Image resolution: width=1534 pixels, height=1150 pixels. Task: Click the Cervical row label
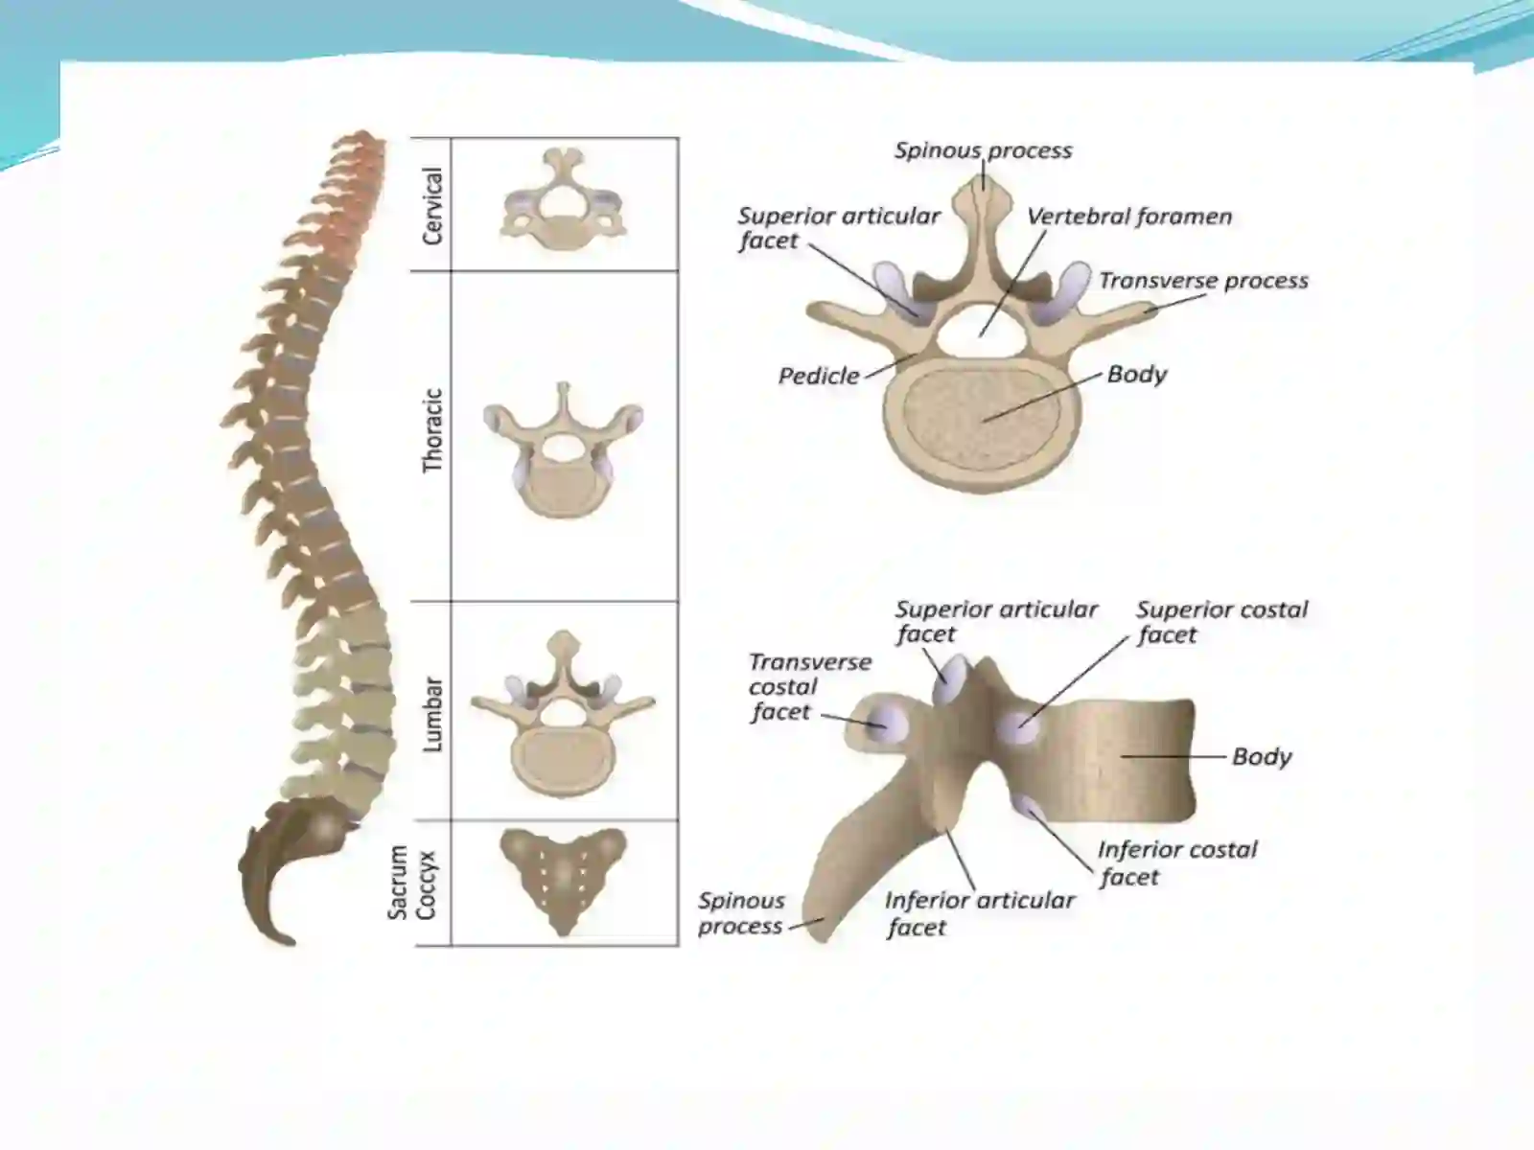click(x=432, y=206)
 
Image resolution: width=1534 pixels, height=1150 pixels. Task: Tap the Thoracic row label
click(x=432, y=431)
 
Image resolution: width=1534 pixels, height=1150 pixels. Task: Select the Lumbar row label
click(x=432, y=714)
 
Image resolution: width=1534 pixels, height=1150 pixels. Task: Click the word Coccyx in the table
click(x=426, y=885)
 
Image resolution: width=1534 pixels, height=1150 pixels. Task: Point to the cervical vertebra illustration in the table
click(x=564, y=199)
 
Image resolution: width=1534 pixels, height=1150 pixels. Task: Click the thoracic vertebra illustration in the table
click(x=564, y=450)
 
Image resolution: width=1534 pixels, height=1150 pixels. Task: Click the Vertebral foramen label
click(x=1129, y=217)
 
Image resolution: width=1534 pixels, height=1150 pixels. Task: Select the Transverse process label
click(x=1203, y=281)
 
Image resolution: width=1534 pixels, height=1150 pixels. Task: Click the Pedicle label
click(x=819, y=376)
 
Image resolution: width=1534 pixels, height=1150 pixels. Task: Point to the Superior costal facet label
click(x=1221, y=621)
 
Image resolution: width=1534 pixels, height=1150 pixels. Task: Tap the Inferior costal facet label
click(x=1177, y=863)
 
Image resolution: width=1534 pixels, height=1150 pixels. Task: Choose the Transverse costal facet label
click(x=809, y=686)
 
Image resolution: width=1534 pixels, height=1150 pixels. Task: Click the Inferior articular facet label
click(x=979, y=913)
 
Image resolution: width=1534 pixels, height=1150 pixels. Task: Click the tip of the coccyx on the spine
click(x=291, y=943)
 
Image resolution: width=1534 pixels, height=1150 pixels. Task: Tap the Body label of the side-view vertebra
click(x=1262, y=756)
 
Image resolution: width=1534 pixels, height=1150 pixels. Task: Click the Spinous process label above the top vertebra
click(x=983, y=150)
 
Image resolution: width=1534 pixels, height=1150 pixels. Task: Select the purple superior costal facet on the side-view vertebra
click(x=1017, y=727)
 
